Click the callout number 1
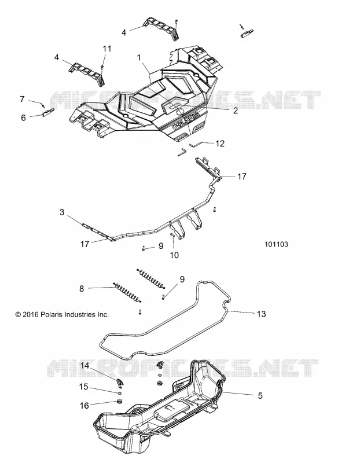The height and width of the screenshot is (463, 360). click(x=139, y=57)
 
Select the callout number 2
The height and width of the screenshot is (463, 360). click(x=236, y=111)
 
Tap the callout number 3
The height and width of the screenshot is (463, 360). click(x=62, y=212)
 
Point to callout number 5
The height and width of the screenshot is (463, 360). click(x=260, y=395)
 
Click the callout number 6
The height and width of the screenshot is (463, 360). click(x=23, y=117)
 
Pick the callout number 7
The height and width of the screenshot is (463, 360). click(x=22, y=98)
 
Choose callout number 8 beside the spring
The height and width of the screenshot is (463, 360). click(x=82, y=288)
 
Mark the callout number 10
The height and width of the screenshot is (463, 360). click(x=174, y=255)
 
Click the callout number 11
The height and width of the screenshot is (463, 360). click(x=107, y=48)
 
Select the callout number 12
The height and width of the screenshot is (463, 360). click(x=220, y=144)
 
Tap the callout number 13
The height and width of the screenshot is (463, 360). click(x=261, y=314)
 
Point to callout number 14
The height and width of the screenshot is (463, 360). click(x=85, y=366)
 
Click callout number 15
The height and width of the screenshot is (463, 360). click(x=83, y=387)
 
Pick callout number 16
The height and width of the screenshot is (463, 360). click(x=84, y=406)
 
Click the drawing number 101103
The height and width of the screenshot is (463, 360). click(x=276, y=244)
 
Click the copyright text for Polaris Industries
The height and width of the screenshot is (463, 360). click(x=62, y=314)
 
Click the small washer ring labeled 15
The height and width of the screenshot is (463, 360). click(x=119, y=393)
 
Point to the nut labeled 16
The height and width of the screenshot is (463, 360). click(x=120, y=402)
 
